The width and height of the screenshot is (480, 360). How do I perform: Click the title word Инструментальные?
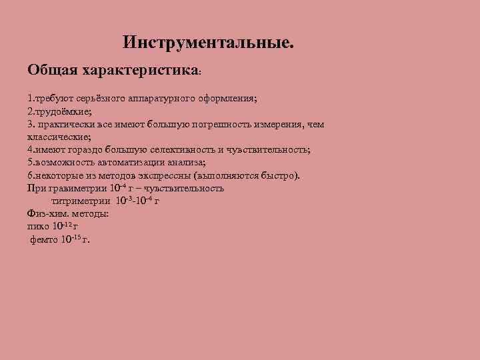(x=208, y=43)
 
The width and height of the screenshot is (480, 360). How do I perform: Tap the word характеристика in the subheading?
(x=140, y=70)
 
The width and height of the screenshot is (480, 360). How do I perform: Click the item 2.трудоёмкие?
(x=58, y=111)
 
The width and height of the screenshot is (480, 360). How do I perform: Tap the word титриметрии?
(x=81, y=201)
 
